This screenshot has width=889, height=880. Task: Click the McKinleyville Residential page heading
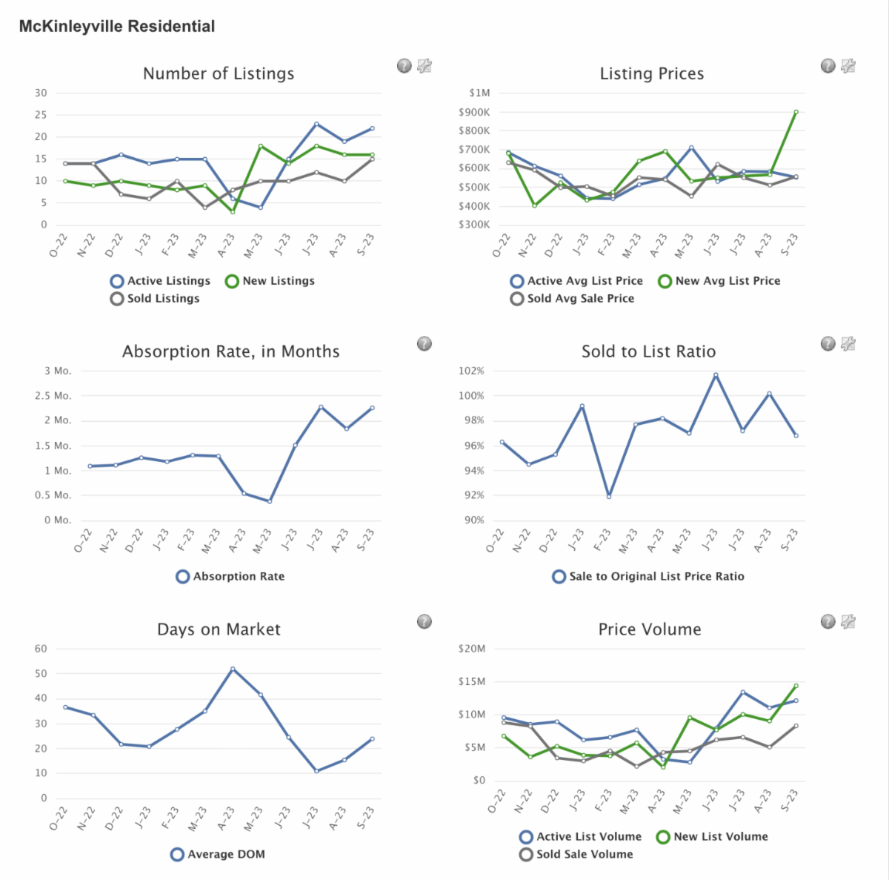[117, 27]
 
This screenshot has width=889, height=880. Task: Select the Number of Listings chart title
[219, 73]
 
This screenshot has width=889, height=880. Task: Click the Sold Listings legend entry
[155, 299]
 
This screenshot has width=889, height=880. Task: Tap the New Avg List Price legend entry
[719, 281]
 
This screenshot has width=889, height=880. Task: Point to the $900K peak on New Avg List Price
[796, 112]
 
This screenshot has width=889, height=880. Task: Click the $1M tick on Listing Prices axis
[479, 93]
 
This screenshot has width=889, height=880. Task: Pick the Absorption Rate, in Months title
[230, 351]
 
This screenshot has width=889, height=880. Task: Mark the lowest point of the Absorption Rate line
[270, 501]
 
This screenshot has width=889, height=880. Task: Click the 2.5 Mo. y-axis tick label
[58, 396]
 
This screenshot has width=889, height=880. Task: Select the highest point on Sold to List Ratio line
[716, 375]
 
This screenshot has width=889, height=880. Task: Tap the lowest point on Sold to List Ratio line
[609, 496]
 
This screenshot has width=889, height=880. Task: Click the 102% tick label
[471, 371]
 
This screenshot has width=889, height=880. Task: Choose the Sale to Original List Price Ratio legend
[648, 577]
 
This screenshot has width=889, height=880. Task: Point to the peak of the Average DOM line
[233, 669]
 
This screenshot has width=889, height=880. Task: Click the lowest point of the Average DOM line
[316, 771]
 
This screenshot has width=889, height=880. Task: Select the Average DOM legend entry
[218, 855]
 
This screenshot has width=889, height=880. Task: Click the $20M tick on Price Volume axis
[472, 649]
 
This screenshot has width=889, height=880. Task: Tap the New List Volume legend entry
[712, 837]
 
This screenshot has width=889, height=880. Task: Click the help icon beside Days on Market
[424, 621]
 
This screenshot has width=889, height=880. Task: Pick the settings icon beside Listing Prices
[848, 66]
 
